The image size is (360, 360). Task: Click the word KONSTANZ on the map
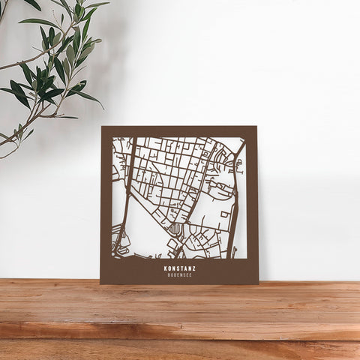pyautogui.click(x=179, y=268)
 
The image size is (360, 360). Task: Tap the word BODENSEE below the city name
pyautogui.click(x=179, y=274)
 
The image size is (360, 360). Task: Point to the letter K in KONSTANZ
pyautogui.click(x=166, y=268)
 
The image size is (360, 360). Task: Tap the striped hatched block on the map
pyautogui.click(x=175, y=228)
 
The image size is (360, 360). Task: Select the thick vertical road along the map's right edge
pyautogui.click(x=235, y=202)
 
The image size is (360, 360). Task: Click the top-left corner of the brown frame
pyautogui.click(x=102, y=127)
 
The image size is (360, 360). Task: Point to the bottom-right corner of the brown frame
pyautogui.click(x=258, y=283)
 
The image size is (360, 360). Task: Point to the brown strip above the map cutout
pyautogui.click(x=179, y=131)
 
